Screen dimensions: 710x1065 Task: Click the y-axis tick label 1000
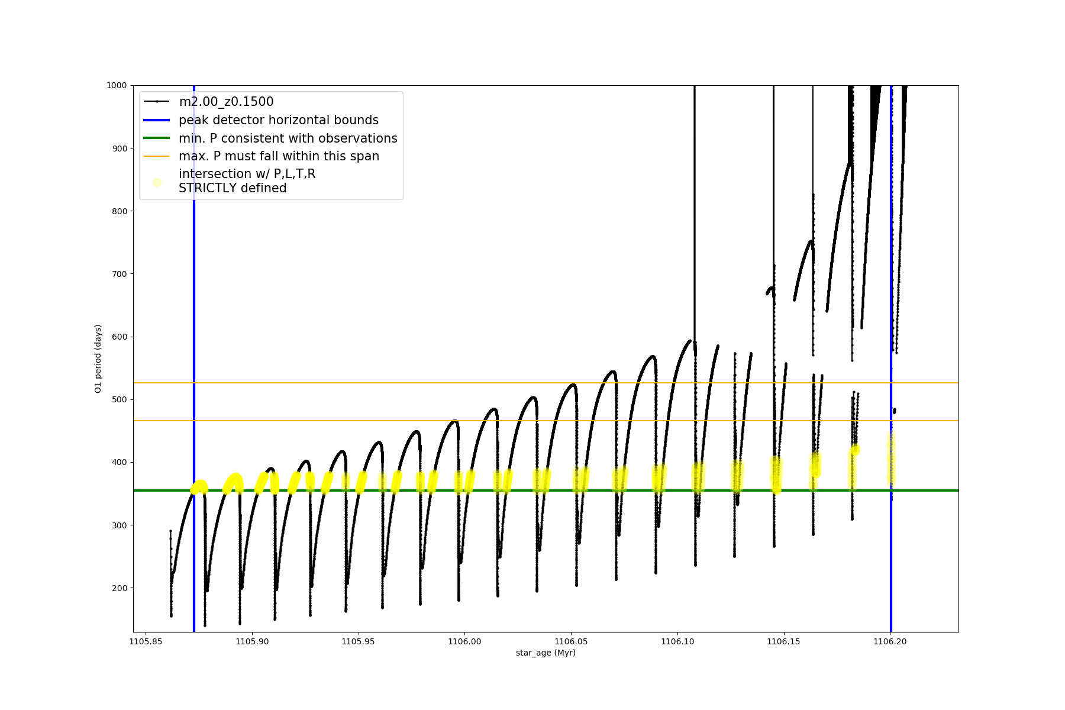coord(117,85)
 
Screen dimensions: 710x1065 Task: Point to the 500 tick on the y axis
coord(120,399)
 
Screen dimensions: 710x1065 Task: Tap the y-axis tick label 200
coord(120,588)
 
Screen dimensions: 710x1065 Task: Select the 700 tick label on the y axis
coord(120,274)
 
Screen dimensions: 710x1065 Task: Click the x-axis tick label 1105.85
coord(146,641)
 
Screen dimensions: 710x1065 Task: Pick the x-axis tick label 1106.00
coord(464,641)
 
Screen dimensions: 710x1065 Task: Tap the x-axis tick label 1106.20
coord(890,641)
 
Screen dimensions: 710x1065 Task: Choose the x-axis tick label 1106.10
coord(677,641)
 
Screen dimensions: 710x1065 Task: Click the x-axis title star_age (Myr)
coord(546,653)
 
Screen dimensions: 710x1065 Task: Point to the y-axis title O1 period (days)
coord(98,359)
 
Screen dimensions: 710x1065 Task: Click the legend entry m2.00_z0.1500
coord(226,102)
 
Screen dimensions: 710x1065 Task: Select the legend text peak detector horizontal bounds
coord(278,120)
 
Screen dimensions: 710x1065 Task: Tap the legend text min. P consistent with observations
coord(288,138)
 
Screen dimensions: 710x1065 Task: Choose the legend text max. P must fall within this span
coord(279,156)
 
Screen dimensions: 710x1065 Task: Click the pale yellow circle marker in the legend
coord(157,182)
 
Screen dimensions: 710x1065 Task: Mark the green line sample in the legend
coord(157,138)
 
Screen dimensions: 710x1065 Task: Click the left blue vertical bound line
coord(194,355)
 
